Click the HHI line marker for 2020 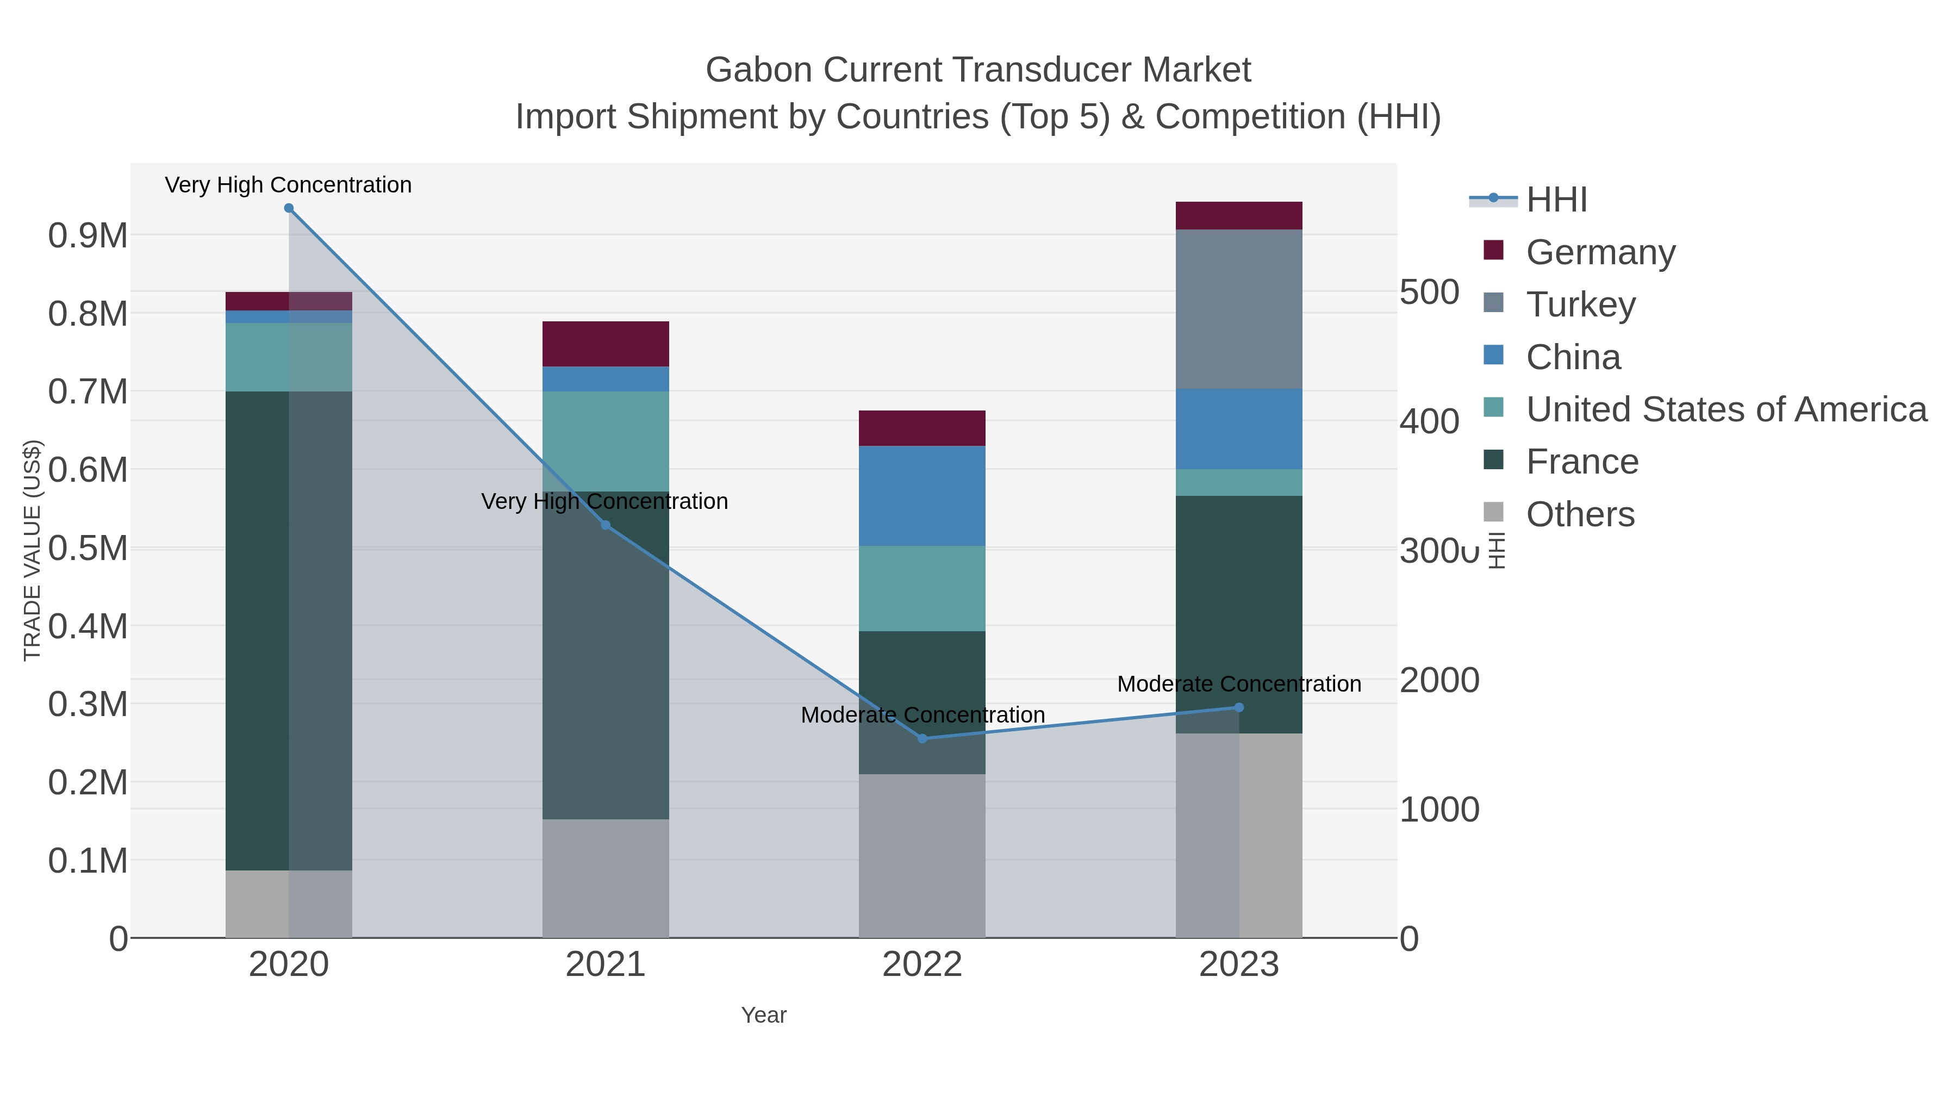pyautogui.click(x=289, y=208)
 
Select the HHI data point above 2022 pyautogui.click(x=923, y=738)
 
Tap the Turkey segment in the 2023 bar pyautogui.click(x=1239, y=309)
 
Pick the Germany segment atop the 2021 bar pyautogui.click(x=606, y=344)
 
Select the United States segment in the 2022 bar pyautogui.click(x=923, y=588)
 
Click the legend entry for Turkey pyautogui.click(x=1580, y=304)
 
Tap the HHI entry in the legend pyautogui.click(x=1556, y=200)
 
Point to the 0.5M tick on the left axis pyautogui.click(x=88, y=549)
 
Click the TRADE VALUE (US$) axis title pyautogui.click(x=32, y=550)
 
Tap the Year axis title pyautogui.click(x=764, y=1015)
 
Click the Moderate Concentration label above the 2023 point pyautogui.click(x=1239, y=684)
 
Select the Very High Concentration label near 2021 pyautogui.click(x=604, y=501)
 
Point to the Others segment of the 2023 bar pyautogui.click(x=1239, y=835)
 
